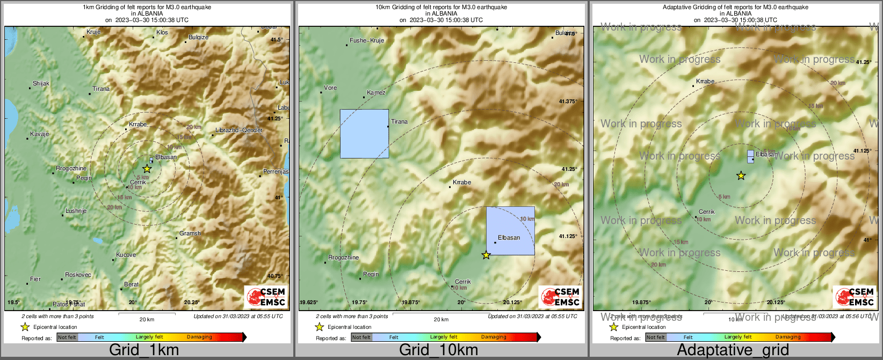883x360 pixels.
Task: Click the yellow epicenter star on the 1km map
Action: (147, 168)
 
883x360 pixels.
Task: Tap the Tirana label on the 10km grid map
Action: (399, 121)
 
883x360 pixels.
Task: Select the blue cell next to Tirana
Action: (364, 134)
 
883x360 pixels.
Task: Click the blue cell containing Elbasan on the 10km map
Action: (510, 231)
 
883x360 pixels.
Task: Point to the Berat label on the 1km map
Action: (132, 284)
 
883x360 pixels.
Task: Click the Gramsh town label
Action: (190, 233)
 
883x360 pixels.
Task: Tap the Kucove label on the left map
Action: (126, 255)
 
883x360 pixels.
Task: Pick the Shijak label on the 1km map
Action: (41, 83)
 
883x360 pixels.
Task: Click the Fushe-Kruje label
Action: (367, 40)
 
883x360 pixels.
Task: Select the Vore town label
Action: (330, 88)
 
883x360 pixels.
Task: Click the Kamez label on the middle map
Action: (376, 92)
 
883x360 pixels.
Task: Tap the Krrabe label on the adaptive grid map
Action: (705, 81)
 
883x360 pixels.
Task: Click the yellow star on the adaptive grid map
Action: (741, 176)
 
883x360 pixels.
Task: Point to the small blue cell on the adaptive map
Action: (750, 156)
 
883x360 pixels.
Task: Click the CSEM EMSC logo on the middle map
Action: (560, 297)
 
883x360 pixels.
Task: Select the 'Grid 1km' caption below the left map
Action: (144, 350)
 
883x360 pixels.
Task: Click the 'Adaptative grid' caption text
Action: (733, 350)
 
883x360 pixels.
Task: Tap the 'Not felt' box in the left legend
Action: (67, 337)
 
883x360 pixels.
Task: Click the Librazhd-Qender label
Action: (239, 130)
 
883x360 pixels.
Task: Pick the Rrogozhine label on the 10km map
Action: (343, 257)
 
